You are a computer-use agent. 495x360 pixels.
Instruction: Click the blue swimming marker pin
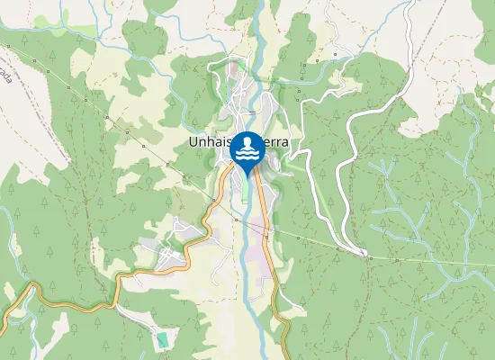247,153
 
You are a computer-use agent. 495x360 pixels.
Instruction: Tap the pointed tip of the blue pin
247,176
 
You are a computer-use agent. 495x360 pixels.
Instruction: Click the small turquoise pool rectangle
162,340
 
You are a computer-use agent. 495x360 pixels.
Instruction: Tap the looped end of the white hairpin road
364,253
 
